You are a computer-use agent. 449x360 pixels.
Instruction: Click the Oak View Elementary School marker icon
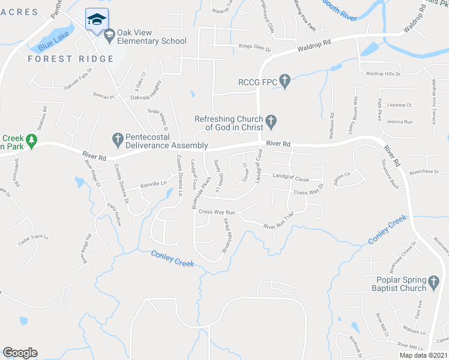pyautogui.click(x=109, y=37)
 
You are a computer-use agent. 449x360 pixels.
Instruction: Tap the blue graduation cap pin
pyautogui.click(x=95, y=20)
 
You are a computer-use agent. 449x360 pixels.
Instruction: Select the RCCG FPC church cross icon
pyautogui.click(x=285, y=80)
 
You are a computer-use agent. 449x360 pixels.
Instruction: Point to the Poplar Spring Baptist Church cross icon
pyautogui.click(x=433, y=281)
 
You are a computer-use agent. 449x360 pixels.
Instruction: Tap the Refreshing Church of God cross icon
pyautogui.click(x=271, y=122)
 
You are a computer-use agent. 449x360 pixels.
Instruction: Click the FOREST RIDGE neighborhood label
pyautogui.click(x=70, y=59)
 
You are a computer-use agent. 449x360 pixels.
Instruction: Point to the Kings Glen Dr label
pyautogui.click(x=256, y=46)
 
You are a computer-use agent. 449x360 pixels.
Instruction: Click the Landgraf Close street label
pyautogui.click(x=291, y=179)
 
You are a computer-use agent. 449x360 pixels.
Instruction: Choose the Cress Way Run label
pyautogui.click(x=216, y=212)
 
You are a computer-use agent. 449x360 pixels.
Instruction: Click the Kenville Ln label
pyautogui.click(x=154, y=184)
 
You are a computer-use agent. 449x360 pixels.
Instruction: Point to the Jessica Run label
pyautogui.click(x=400, y=122)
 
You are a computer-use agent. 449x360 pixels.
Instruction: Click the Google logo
pyautogui.click(x=20, y=353)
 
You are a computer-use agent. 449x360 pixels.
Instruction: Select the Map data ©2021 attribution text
pyautogui.click(x=423, y=355)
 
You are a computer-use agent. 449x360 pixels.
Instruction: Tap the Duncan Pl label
pyautogui.click(x=103, y=95)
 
